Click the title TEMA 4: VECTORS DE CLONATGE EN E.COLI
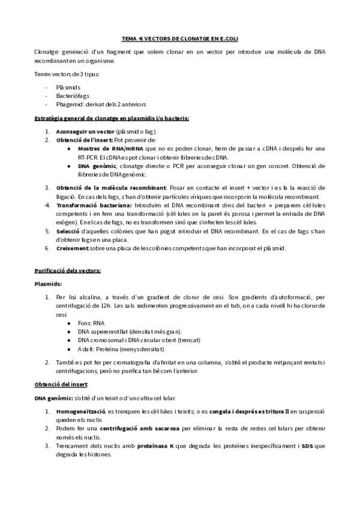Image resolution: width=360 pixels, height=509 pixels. click(180, 38)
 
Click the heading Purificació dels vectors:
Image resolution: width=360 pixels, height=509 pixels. click(67, 271)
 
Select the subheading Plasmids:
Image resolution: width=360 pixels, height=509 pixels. click(48, 284)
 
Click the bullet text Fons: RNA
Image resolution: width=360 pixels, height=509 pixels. click(91, 323)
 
